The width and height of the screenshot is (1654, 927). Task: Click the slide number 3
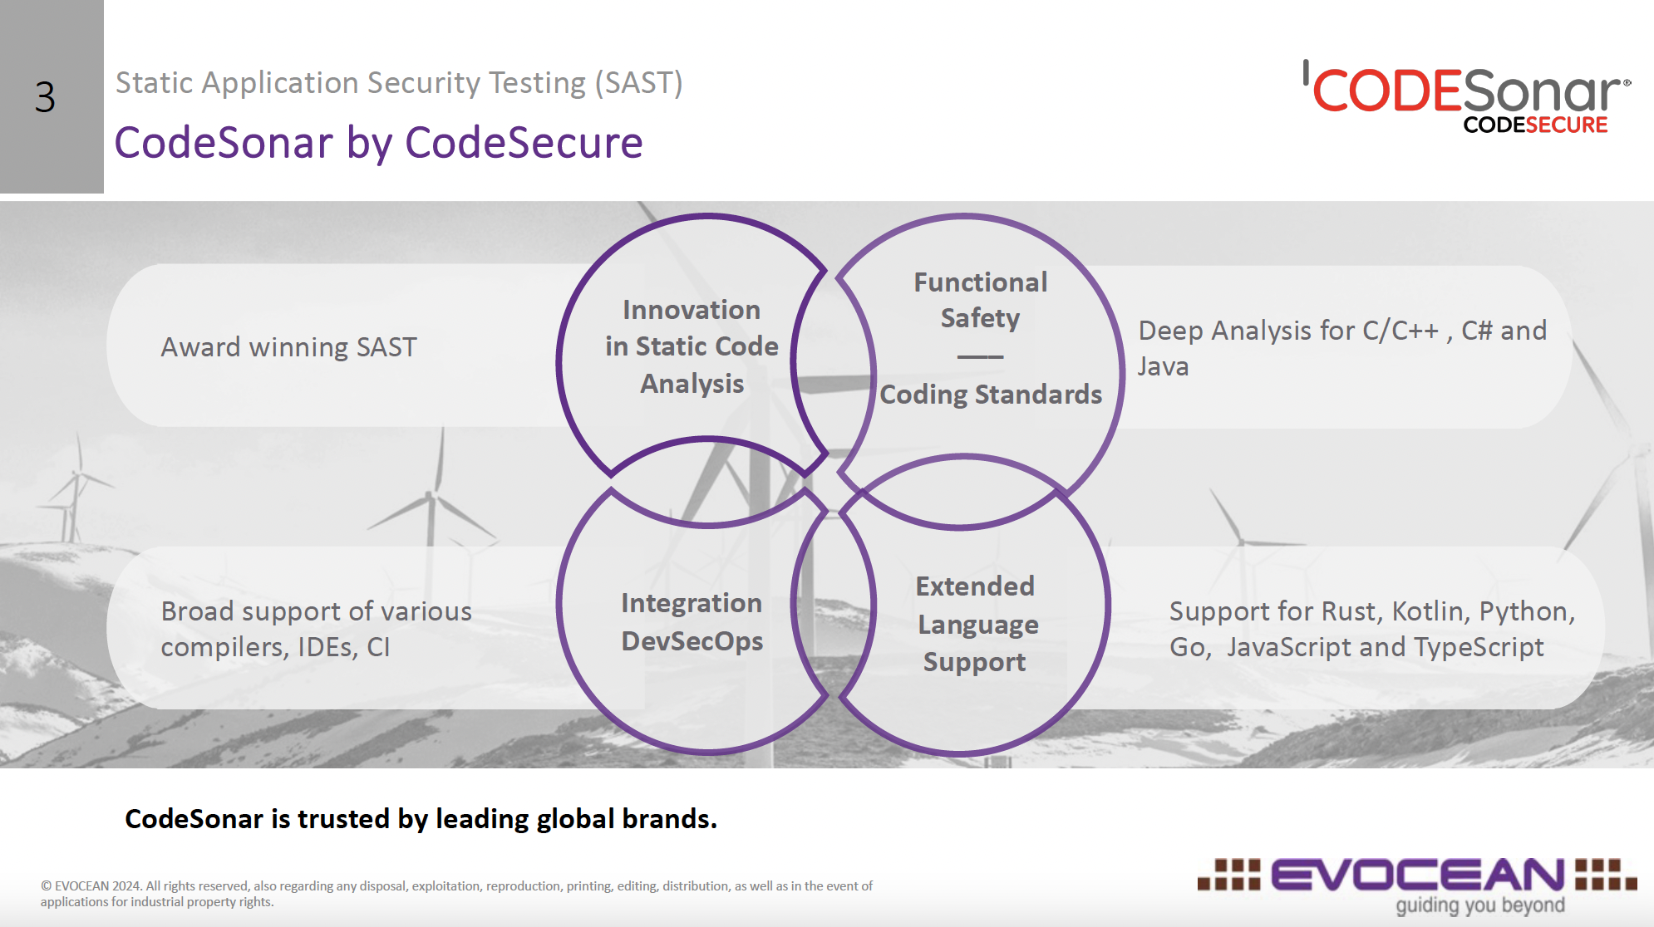point(46,97)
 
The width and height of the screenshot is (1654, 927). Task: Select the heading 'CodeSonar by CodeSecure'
point(378,142)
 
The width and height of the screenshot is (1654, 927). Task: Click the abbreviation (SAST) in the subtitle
point(638,83)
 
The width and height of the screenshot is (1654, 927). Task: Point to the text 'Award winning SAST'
point(288,347)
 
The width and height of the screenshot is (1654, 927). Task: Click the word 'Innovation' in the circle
point(692,310)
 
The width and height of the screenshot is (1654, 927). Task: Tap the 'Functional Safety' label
point(980,300)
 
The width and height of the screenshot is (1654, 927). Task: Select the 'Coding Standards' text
point(991,395)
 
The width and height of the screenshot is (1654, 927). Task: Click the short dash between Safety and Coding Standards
point(980,356)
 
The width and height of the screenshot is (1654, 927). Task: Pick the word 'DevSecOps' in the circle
point(692,641)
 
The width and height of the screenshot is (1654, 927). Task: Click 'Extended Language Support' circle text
point(976,624)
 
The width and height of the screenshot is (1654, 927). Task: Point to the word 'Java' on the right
point(1163,366)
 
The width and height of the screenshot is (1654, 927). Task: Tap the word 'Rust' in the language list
point(1351,611)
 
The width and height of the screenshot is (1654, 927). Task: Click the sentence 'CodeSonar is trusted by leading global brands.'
point(421,819)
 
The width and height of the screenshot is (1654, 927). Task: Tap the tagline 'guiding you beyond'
point(1479,905)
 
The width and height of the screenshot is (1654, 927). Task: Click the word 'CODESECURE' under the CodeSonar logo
point(1535,125)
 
